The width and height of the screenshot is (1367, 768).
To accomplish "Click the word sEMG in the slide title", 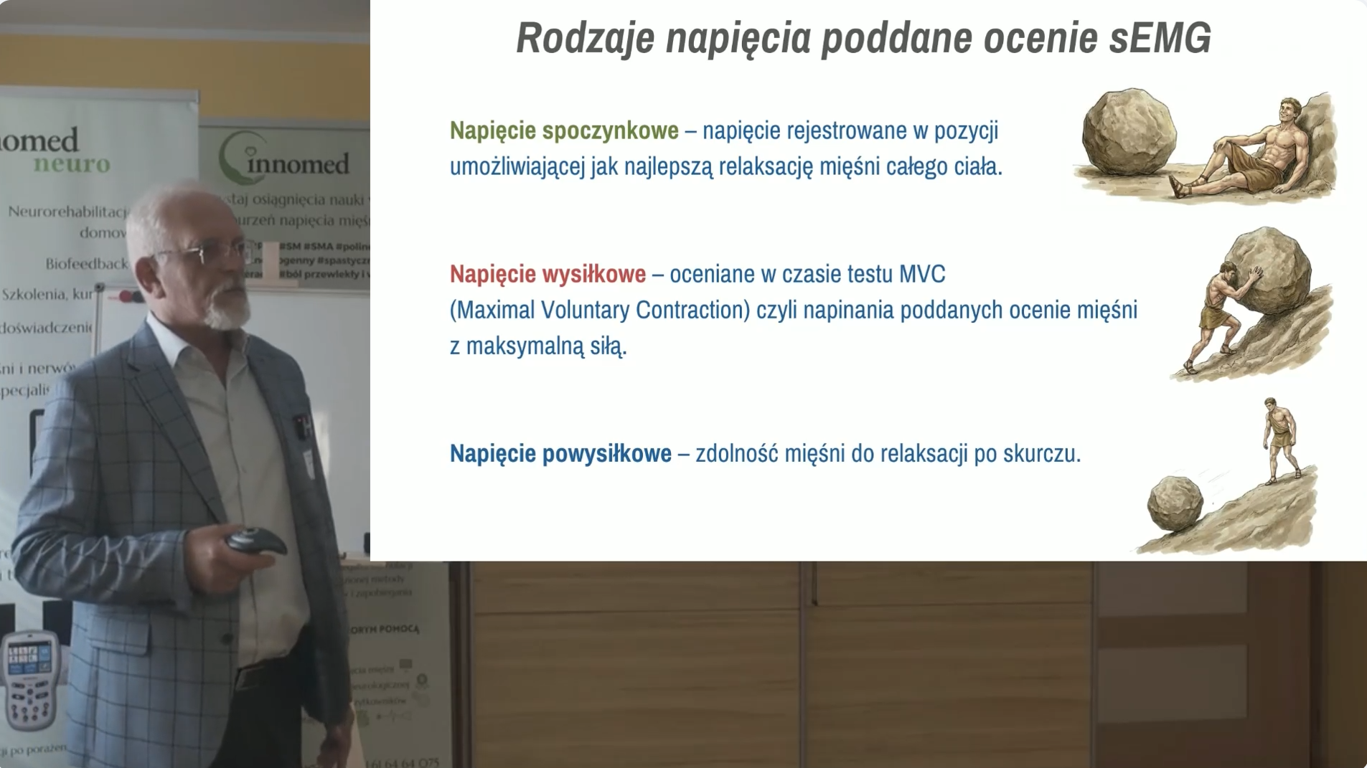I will click(x=1160, y=38).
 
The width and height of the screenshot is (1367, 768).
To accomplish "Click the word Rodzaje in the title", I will click(x=585, y=38).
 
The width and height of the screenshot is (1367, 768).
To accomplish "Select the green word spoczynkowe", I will click(x=610, y=131).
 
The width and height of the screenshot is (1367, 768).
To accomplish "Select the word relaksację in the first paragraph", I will click(x=766, y=167).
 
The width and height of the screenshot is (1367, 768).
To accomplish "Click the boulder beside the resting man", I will click(x=1129, y=133).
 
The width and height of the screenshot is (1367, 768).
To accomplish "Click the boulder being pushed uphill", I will click(x=1270, y=269).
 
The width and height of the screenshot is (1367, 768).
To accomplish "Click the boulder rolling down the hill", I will click(x=1175, y=503).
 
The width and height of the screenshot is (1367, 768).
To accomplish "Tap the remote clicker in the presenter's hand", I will click(x=255, y=539).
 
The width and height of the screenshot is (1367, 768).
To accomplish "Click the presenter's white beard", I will click(x=226, y=312).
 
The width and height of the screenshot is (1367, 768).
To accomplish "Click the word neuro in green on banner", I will click(x=72, y=164).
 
